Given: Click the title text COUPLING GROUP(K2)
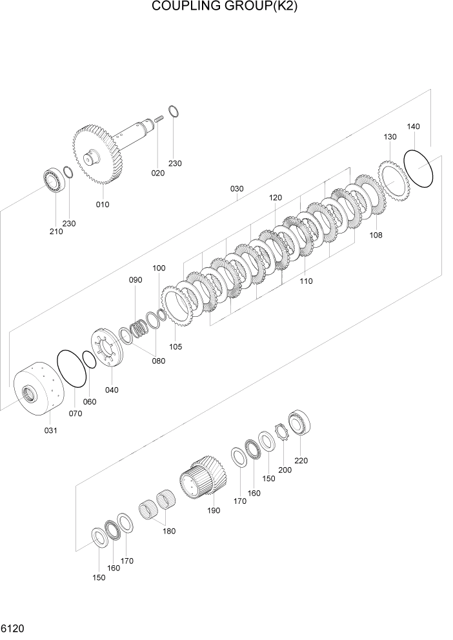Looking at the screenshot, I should click(226, 7).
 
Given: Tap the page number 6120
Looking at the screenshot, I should click(13, 627).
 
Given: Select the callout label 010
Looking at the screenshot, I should click(103, 205).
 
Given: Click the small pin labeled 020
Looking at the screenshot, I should click(157, 119).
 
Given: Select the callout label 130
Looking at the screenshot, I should click(390, 137).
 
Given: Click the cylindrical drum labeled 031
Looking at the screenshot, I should click(39, 391).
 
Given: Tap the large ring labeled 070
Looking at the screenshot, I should click(72, 369).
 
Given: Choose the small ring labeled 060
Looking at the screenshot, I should click(90, 359).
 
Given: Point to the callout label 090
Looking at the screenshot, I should click(135, 280).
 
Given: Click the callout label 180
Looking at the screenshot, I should click(169, 531).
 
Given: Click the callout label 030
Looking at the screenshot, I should click(237, 189).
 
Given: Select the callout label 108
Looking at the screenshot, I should click(376, 235).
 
